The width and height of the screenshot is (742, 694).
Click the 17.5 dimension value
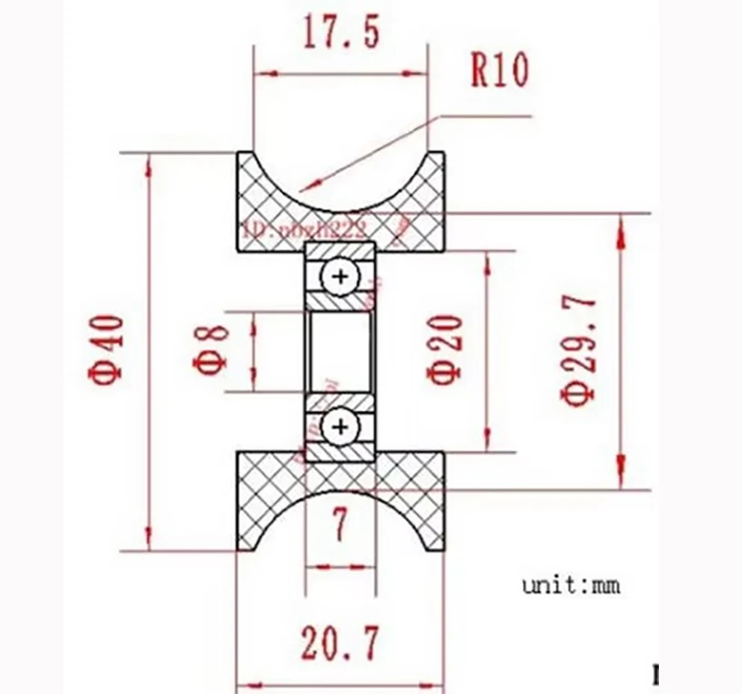click(341, 34)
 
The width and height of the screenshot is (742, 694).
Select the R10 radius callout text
click(499, 71)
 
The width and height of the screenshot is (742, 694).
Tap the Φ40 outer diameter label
click(108, 349)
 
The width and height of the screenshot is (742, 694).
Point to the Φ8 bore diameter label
click(210, 350)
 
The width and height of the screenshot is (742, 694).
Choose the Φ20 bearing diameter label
click(446, 350)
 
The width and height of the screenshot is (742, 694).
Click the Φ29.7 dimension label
click(580, 350)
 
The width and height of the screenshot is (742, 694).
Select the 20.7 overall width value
click(340, 643)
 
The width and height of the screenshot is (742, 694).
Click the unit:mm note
click(571, 585)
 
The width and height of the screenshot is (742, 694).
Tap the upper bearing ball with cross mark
click(340, 278)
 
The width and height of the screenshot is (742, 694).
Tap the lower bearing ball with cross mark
click(340, 427)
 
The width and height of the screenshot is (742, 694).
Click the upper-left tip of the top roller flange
click(239, 153)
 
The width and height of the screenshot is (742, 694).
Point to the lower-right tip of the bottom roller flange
click(442, 550)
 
